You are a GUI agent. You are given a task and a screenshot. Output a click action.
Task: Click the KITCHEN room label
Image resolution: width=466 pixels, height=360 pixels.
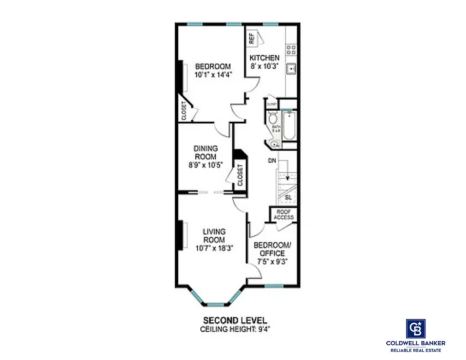click(x=264, y=58)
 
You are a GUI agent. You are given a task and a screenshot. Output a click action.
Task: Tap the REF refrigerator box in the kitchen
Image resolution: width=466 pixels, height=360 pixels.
click(x=252, y=38)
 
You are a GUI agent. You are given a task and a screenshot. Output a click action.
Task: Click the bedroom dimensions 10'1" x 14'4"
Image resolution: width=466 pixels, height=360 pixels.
click(x=213, y=75)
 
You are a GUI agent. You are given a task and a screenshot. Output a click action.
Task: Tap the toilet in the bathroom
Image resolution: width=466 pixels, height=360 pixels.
click(x=272, y=119)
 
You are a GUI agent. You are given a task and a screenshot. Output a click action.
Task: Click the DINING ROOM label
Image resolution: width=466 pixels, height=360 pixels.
click(x=205, y=153)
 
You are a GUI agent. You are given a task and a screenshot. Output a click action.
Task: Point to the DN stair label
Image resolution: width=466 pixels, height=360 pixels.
click(x=271, y=160)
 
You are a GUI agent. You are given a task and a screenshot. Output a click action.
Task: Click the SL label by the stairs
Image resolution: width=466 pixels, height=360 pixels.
click(x=288, y=198)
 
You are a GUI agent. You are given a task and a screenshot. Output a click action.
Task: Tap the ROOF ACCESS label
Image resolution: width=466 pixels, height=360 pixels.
click(x=284, y=215)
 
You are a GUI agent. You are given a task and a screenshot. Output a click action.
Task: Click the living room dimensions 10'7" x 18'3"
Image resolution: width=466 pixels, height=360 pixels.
click(x=214, y=248)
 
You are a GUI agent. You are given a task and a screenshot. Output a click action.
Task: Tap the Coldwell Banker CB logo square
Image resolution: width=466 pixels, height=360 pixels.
click(x=416, y=328)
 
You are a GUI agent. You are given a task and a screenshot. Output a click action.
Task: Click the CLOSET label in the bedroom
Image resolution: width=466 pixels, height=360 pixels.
click(x=184, y=111)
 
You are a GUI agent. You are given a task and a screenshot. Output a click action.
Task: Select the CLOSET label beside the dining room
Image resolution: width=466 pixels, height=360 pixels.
click(x=240, y=175)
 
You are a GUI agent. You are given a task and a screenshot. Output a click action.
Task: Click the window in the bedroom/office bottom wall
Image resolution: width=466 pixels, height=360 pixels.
click(x=273, y=286)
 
